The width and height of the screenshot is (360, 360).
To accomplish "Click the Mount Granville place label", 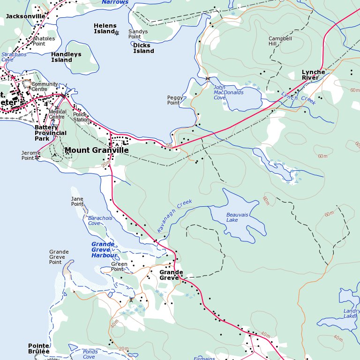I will pos(97,150).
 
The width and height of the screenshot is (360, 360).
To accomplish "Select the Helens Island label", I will pos(105,29).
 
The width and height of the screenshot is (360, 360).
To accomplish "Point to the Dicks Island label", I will pos(143,48).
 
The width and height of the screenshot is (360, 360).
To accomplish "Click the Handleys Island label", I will pos(66,57).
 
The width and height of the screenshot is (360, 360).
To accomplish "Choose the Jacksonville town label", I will pos(25,16).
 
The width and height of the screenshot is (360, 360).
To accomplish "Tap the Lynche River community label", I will pos(313,75).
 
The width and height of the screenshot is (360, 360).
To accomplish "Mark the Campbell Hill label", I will pos(280,41).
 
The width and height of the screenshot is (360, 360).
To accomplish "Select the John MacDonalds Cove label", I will pos(228,92).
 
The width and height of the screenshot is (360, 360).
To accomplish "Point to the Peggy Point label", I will pos(173,100).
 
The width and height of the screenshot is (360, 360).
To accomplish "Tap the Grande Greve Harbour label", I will pos(104,250).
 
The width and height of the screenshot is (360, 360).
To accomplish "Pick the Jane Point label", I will pos(77,202).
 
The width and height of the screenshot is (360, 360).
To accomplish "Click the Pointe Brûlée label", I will pos(38,348).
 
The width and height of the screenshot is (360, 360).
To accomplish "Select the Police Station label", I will pos(81,117).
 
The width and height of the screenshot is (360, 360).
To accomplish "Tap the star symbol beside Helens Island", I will pos(117,33).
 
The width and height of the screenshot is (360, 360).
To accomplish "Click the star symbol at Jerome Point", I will pos(37,158).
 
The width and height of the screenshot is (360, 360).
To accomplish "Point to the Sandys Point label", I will pos(138,34).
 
